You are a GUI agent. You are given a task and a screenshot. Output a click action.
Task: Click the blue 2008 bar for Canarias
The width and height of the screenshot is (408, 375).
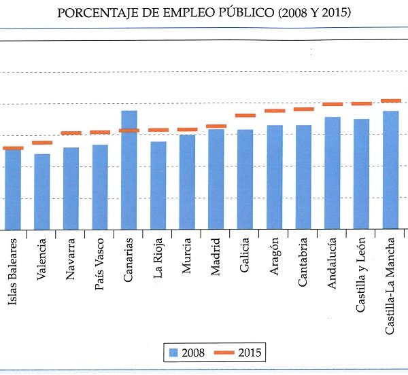point(129,170)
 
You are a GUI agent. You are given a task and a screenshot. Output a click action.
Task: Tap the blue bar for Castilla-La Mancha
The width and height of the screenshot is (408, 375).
point(391,170)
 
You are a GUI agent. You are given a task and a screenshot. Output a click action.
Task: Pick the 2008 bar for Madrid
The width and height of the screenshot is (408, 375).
point(216,179)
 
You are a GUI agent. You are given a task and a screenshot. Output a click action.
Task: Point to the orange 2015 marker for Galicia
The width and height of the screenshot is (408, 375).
point(245,115)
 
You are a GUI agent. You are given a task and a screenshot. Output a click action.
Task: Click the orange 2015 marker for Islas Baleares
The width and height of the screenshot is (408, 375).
point(13,147)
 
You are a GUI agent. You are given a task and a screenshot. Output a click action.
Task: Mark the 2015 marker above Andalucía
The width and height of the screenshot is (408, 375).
point(333,104)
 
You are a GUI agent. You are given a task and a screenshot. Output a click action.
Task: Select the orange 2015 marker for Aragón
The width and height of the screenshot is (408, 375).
point(275,110)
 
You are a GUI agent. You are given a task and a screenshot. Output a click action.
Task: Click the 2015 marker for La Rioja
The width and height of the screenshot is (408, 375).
point(158,130)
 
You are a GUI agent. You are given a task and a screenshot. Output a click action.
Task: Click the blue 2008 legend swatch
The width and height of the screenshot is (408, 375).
point(173,353)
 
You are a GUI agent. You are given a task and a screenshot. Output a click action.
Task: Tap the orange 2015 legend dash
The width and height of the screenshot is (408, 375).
point(226,353)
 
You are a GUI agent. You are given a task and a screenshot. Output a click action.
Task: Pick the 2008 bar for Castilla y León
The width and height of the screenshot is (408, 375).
point(362,174)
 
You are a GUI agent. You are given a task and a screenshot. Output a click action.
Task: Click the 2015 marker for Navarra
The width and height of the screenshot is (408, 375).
point(71,132)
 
